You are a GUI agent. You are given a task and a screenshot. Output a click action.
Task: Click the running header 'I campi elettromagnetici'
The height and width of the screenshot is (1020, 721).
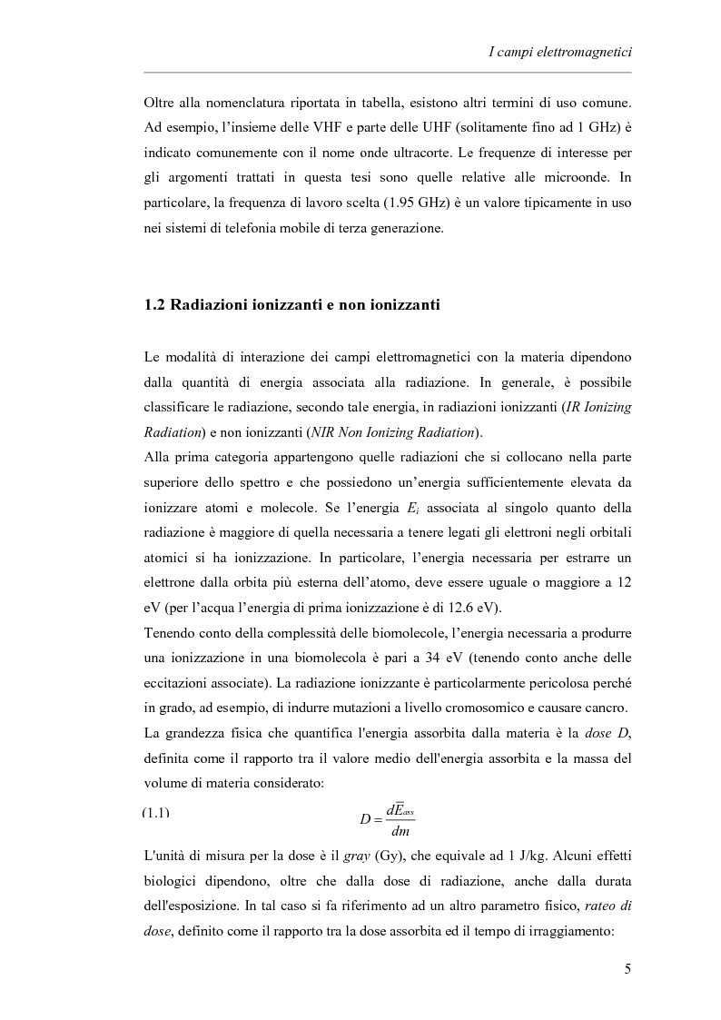coord(559,54)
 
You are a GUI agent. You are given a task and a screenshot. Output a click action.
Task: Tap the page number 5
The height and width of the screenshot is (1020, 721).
coord(627,968)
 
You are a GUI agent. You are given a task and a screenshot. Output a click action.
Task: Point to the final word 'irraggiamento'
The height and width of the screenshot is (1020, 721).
coord(586,930)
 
